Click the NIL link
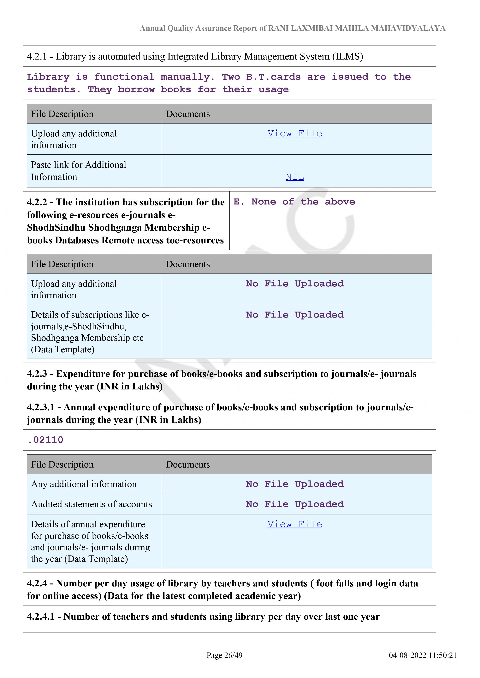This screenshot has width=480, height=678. tap(295, 177)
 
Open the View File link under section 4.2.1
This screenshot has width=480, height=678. tap(295, 134)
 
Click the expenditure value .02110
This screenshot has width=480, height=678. tap(45, 440)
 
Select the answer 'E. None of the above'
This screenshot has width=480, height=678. tap(294, 202)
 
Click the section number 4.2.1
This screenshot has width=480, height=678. tap(37, 56)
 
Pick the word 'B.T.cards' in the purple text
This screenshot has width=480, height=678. tap(273, 77)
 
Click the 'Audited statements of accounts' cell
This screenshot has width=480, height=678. tap(92, 504)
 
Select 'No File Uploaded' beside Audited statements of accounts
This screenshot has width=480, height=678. tap(295, 504)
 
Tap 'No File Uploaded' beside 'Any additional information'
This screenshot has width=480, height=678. tap(295, 484)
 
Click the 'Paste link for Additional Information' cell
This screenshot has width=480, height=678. tap(79, 171)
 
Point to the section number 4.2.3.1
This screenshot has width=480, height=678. tap(41, 407)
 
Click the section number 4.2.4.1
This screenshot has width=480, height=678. tap(41, 617)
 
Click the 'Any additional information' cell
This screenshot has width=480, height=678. tap(84, 484)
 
